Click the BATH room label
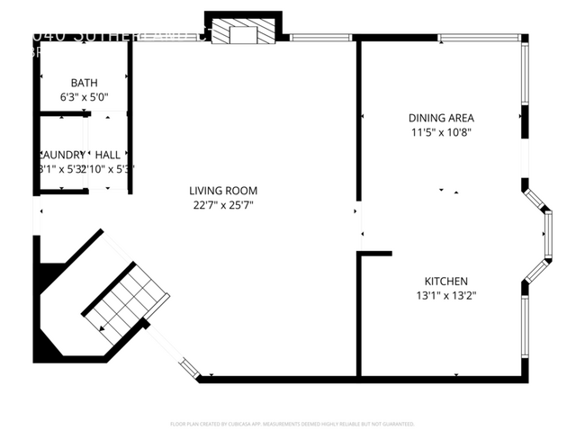[x=84, y=83]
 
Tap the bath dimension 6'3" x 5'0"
[x=84, y=96]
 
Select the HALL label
[x=108, y=155]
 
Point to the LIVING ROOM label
[x=223, y=191]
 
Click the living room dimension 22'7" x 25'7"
[x=223, y=205]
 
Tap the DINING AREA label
[x=441, y=118]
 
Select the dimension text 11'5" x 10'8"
[x=441, y=132]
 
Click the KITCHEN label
[x=445, y=282]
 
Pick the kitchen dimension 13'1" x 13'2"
[x=445, y=296]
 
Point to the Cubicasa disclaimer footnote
[x=292, y=424]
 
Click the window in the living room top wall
[x=320, y=38]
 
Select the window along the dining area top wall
[x=478, y=38]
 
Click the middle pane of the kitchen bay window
[x=547, y=236]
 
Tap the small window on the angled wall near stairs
[x=189, y=366]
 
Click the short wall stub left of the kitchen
[x=375, y=254]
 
